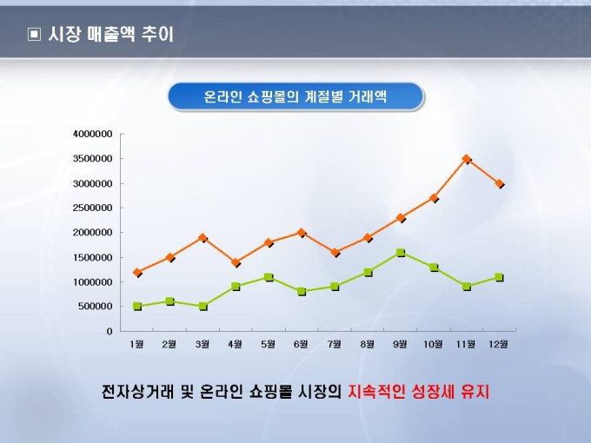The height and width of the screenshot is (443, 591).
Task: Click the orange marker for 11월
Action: coord(467,159)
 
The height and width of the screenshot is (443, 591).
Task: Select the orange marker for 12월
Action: coord(500,184)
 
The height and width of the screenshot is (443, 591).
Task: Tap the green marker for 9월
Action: coord(401,253)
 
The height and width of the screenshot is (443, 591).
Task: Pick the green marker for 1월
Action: coord(137,306)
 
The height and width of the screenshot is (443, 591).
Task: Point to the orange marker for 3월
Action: coord(203,237)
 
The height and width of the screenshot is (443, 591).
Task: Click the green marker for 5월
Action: coord(269,277)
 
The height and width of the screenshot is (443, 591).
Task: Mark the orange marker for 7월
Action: coord(335,253)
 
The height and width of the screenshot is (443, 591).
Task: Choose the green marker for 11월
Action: coord(467,287)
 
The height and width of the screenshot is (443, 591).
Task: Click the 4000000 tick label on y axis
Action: coord(93,134)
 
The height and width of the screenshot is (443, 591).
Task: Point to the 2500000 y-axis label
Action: coord(93,208)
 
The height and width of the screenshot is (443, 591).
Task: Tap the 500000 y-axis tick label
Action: coord(96,306)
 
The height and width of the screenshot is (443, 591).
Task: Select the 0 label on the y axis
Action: coord(110,331)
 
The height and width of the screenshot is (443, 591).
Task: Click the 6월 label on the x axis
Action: coord(302,344)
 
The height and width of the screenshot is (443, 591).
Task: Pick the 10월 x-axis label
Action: coord(433,344)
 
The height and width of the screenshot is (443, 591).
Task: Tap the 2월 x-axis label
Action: coord(170,344)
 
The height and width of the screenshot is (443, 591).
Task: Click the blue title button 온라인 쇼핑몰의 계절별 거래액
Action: coord(295,96)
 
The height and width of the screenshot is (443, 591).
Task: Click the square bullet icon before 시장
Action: coord(34,36)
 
